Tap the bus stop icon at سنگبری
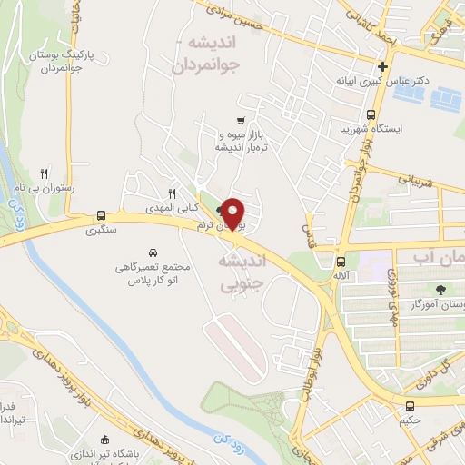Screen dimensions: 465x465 point(101,216)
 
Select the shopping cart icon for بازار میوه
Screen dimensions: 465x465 point(240,120)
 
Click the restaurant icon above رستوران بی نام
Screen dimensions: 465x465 point(44,173)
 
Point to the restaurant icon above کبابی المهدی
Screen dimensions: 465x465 point(171,193)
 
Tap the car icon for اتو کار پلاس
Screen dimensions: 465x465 point(153,252)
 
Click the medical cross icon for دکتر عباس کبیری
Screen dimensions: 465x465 point(383,66)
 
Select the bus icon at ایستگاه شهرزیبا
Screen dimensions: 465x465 point(371,114)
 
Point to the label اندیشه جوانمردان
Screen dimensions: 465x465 point(215,54)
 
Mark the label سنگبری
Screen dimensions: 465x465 point(101,231)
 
